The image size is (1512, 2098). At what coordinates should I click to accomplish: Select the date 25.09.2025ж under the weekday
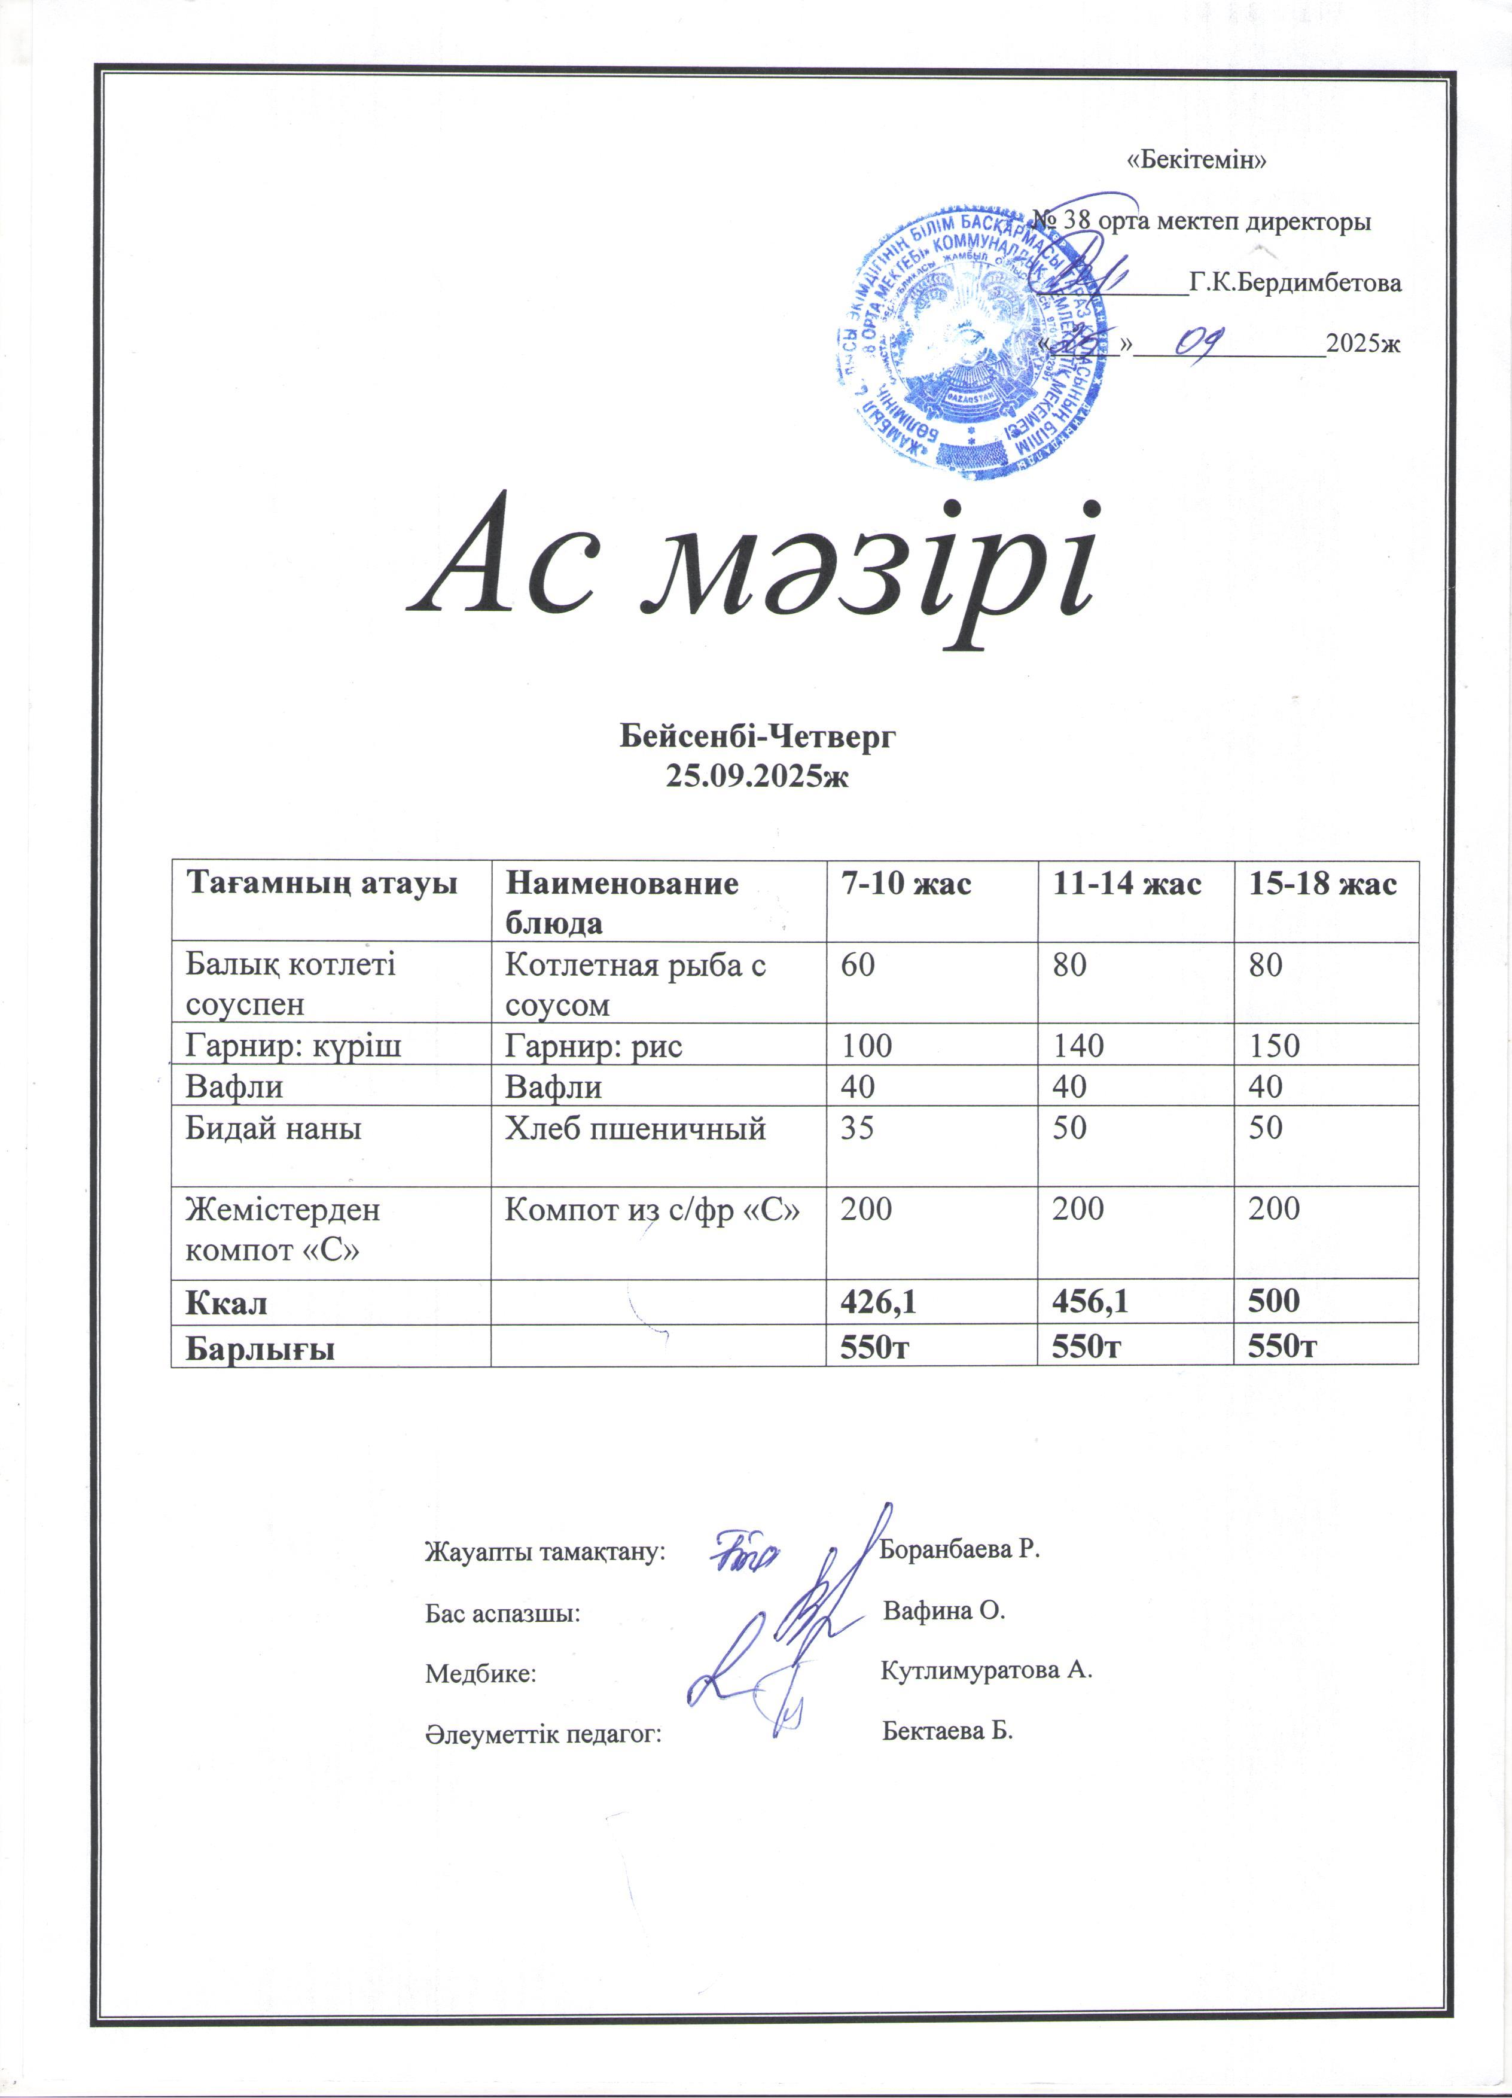point(757,776)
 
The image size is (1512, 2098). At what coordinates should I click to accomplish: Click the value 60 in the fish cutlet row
point(858,966)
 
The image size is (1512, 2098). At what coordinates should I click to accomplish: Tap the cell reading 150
point(1275,1046)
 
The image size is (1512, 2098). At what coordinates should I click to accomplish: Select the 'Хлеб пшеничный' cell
point(635,1128)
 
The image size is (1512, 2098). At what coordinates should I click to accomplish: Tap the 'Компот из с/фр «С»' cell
point(652,1209)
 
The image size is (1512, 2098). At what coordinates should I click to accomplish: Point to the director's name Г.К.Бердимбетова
point(1295,283)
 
